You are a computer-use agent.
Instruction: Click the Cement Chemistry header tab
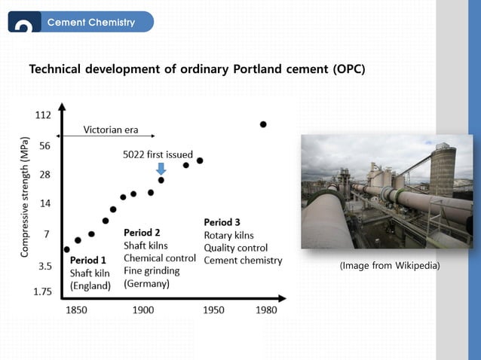(x=90, y=22)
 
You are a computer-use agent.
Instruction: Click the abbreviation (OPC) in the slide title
(x=348, y=69)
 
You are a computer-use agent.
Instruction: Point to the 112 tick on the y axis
(x=43, y=115)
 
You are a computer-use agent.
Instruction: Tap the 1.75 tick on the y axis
(x=42, y=291)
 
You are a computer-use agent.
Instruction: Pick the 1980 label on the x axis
(x=266, y=310)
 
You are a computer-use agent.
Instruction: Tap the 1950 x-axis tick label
(x=213, y=310)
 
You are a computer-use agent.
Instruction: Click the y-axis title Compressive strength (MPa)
(x=25, y=197)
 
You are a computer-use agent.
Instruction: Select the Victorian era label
(x=111, y=130)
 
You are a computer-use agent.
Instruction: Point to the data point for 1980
(x=263, y=124)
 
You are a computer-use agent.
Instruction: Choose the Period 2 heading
(x=142, y=233)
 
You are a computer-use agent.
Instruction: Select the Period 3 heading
(x=222, y=222)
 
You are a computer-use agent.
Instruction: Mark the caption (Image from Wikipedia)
(x=390, y=265)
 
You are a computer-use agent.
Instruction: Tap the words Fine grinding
(x=152, y=271)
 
